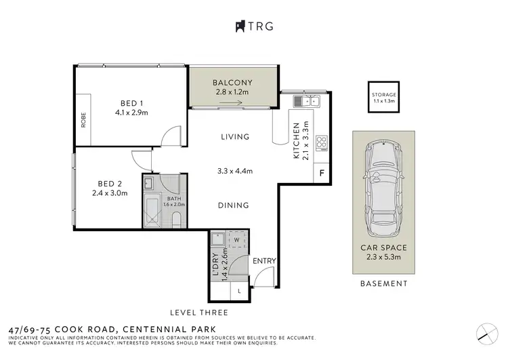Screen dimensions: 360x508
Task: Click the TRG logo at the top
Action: [253, 26]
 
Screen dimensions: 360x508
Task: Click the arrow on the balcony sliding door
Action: [232, 104]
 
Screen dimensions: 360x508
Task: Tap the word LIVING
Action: [235, 137]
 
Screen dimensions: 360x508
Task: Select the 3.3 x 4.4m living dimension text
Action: [234, 171]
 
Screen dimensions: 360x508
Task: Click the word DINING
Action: [233, 205]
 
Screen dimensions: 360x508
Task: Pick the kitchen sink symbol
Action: [307, 102]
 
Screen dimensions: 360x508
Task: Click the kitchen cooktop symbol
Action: [322, 143]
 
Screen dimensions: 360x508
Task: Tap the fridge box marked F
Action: [322, 173]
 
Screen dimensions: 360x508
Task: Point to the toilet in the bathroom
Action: [175, 219]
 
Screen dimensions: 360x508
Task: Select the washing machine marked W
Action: [238, 239]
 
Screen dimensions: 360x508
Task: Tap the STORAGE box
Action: [384, 98]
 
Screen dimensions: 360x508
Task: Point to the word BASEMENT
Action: [384, 284]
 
